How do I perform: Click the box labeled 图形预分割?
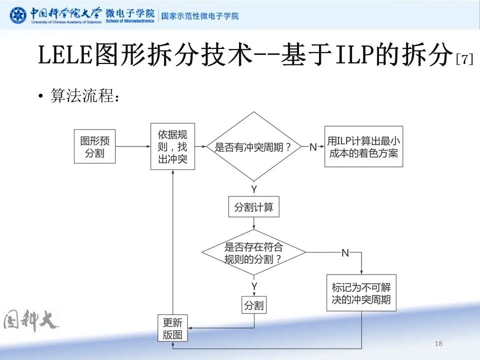(x=94, y=146)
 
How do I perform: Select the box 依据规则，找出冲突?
(x=172, y=146)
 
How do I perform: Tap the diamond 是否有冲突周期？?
(x=254, y=146)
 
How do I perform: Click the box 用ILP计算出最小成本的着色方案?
(x=363, y=146)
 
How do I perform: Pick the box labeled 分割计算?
(x=254, y=207)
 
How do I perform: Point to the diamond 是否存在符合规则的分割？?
(x=254, y=252)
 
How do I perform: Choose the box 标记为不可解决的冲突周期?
(x=361, y=293)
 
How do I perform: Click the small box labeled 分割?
(x=254, y=304)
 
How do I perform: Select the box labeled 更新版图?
(x=172, y=328)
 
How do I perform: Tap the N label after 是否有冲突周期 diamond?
(x=313, y=146)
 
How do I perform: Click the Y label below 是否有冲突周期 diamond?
(x=254, y=189)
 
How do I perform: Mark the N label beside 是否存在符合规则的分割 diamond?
(x=345, y=253)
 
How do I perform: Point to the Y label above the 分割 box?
(x=254, y=286)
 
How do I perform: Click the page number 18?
(x=439, y=343)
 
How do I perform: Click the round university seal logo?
(x=18, y=15)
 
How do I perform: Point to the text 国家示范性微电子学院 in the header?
(x=199, y=16)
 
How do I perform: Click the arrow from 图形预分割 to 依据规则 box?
(x=133, y=146)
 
